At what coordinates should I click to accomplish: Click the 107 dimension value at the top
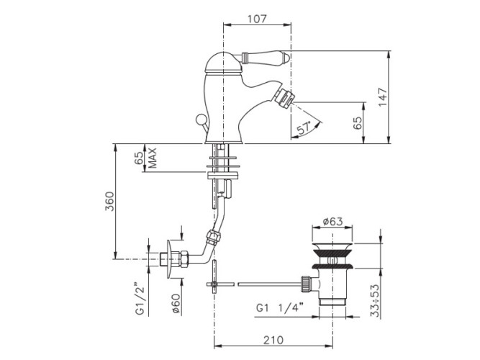257,19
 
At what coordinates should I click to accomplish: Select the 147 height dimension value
383,97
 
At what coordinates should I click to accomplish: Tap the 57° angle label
304,127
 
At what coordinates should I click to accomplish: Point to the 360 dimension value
109,202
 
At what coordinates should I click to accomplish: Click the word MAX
152,158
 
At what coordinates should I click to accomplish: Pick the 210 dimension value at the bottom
273,340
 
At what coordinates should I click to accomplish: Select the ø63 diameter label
332,221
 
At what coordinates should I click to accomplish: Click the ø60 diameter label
176,302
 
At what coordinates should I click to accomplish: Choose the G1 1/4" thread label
279,307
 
